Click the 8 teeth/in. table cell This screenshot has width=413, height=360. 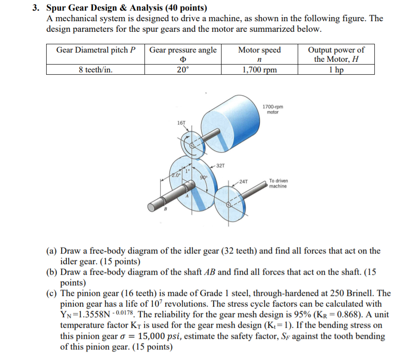click(95, 70)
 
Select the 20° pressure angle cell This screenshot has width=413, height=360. click(183, 70)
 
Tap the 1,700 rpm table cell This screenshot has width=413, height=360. click(259, 70)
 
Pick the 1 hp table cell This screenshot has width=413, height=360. click(335, 70)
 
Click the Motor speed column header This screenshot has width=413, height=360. click(259, 50)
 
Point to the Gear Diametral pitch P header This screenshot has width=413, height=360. click(96, 50)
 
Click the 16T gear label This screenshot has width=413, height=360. click(181, 123)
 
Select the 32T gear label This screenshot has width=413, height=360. click(220, 165)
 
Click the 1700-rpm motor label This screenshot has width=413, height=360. click(273, 109)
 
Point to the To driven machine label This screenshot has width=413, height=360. click(278, 183)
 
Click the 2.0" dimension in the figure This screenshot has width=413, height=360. click(175, 175)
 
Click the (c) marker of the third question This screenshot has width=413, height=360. click(52, 293)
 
